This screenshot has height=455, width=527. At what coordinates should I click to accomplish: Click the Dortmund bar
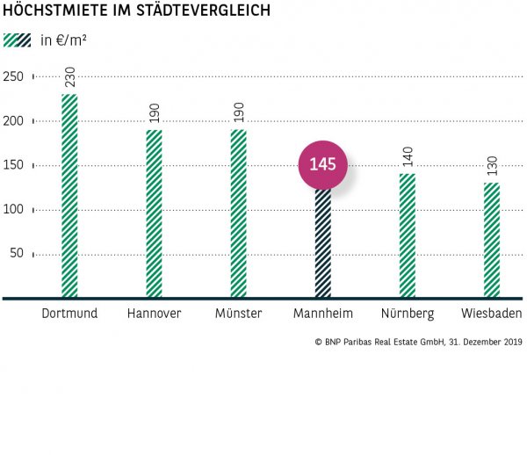click(x=69, y=196)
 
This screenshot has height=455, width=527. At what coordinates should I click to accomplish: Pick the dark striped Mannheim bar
click(x=323, y=243)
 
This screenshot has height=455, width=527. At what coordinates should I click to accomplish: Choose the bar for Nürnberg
click(x=408, y=235)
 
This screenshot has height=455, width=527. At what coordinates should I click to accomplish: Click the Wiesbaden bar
click(x=492, y=240)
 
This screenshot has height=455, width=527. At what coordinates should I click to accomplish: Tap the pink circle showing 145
click(x=323, y=164)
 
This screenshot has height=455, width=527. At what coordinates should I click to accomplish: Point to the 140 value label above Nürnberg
click(x=408, y=158)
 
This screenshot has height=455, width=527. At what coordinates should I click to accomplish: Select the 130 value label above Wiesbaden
click(x=492, y=167)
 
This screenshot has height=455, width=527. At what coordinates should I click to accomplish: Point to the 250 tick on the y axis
click(x=13, y=76)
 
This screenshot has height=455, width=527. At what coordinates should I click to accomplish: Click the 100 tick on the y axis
click(x=13, y=210)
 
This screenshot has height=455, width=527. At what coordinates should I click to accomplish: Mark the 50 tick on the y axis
click(x=17, y=255)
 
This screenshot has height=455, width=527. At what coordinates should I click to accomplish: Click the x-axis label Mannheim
click(x=323, y=314)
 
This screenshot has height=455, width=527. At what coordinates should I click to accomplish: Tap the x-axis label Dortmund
click(x=69, y=314)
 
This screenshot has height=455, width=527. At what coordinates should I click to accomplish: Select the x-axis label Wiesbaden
click(x=492, y=314)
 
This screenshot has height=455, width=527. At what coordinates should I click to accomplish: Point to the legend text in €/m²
click(x=63, y=40)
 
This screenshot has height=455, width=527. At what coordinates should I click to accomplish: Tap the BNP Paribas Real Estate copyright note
click(x=418, y=342)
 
